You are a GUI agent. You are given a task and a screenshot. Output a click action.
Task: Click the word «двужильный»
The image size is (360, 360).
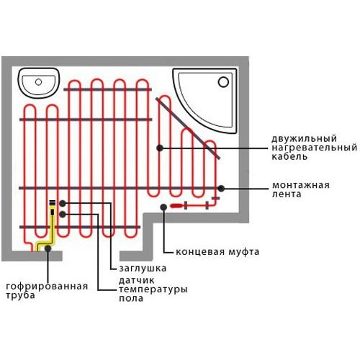click(304, 139)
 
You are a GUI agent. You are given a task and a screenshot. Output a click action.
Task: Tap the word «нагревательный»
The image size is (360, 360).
click(315, 148)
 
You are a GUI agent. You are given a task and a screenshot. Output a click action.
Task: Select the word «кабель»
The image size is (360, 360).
click(289, 156)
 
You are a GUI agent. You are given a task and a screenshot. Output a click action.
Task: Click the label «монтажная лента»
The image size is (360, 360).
click(301, 189)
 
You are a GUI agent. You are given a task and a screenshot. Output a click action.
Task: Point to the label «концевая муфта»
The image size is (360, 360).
click(217, 252)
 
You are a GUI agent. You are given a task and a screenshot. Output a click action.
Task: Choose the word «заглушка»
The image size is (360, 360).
click(143, 269)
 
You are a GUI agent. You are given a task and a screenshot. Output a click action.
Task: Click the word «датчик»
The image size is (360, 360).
click(136, 280)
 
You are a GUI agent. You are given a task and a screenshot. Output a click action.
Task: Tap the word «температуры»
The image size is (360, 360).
click(153, 289)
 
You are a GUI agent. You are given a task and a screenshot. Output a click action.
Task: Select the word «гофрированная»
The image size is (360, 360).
click(47, 287)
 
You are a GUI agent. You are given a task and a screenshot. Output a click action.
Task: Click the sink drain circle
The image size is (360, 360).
click(38, 82)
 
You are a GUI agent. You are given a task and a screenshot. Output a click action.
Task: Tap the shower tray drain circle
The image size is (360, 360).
click(223, 82)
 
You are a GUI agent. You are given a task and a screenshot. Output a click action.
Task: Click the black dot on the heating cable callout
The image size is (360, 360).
click(160, 148)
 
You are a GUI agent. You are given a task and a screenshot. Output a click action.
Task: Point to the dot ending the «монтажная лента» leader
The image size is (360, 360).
click(221, 189)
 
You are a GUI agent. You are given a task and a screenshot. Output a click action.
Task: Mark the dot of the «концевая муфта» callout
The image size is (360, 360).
click(163, 207)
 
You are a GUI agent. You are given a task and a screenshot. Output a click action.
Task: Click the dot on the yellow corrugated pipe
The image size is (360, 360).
click(48, 248)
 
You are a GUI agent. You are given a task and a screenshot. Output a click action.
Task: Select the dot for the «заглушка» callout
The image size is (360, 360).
click(63, 204)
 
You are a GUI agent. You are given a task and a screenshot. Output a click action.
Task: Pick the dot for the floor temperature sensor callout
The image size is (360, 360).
click(63, 214)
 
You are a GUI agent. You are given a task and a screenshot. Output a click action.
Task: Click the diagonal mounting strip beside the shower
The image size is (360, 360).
click(188, 128)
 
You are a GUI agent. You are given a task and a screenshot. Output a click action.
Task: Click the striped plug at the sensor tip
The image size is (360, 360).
click(53, 203)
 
